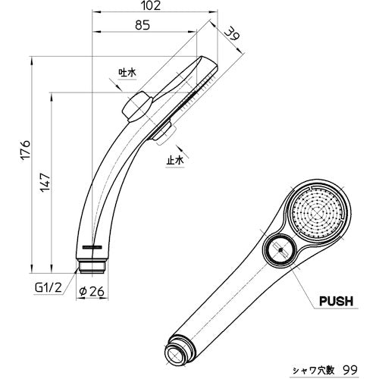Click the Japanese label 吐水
pos(127,72)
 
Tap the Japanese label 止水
pos(174,161)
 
